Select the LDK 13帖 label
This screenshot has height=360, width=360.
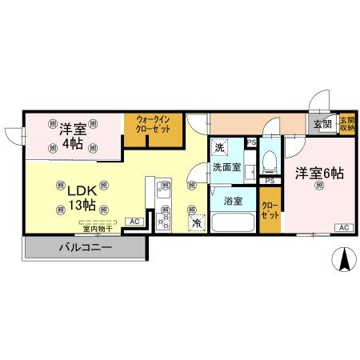click(80, 198)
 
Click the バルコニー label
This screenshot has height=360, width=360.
click(84, 248)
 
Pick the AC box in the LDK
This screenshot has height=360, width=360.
click(133, 221)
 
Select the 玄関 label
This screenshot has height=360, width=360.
click(322, 124)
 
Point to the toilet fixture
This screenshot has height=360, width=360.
click(269, 162)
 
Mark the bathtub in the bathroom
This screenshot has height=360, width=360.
click(233, 220)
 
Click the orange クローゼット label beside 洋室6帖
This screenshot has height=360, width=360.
click(270, 210)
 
